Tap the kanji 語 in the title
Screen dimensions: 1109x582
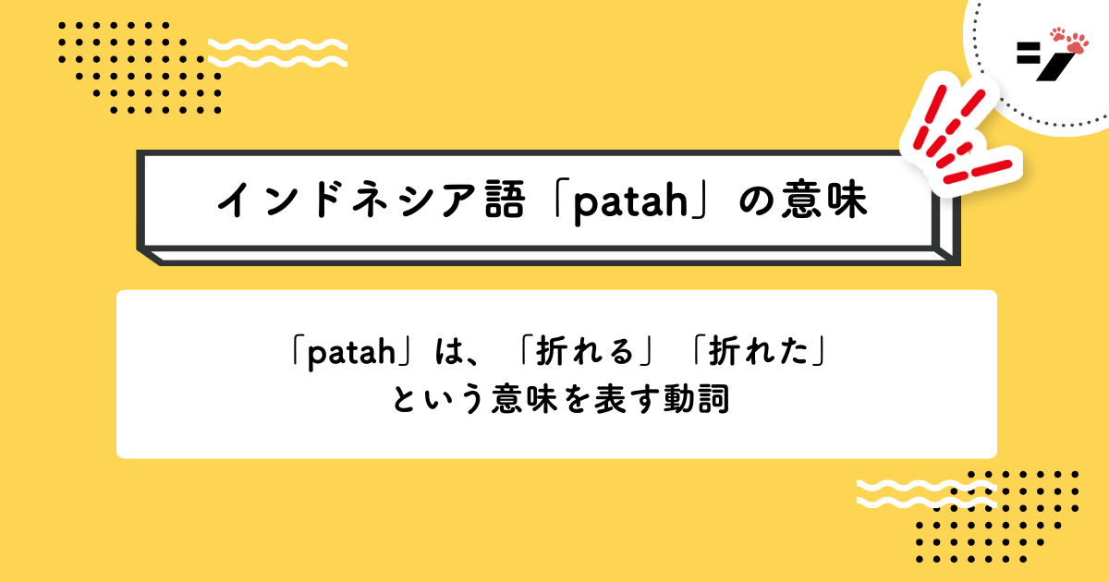tap(505, 200)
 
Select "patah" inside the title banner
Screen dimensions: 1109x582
tap(630, 203)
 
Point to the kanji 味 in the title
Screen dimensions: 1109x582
tap(847, 200)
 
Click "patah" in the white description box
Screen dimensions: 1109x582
tap(351, 353)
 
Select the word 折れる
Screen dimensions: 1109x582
tap(585, 352)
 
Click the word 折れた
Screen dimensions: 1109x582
tap(759, 352)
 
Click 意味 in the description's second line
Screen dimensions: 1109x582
tap(524, 399)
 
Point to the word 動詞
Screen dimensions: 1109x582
tap(696, 399)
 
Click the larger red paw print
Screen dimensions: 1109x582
tap(1078, 43)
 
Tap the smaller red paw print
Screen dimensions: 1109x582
tap(1057, 35)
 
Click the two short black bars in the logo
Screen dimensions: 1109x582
tap(1029, 54)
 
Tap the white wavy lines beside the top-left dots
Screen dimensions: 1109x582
tap(277, 53)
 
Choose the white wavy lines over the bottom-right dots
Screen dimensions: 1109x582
tap(926, 493)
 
